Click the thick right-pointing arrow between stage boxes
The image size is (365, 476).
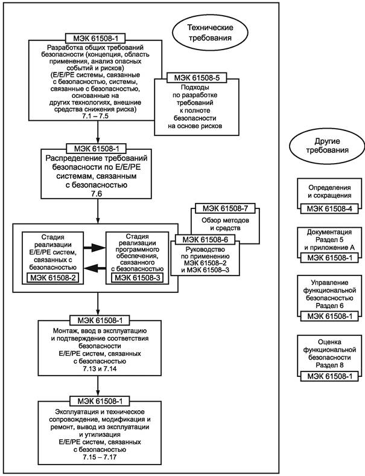click(x=92, y=246)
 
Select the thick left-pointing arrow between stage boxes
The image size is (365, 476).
click(x=92, y=268)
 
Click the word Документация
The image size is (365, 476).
click(x=326, y=231)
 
